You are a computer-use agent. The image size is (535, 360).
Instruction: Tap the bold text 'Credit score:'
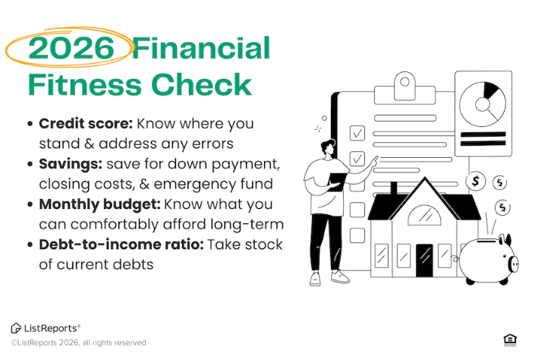(x=83, y=124)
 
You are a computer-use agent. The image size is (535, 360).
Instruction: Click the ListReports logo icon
(x=16, y=327)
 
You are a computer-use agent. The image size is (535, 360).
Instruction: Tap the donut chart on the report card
(x=483, y=103)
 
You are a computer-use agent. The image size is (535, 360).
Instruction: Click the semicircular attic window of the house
(x=424, y=217)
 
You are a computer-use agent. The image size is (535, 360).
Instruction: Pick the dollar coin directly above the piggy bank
(x=502, y=207)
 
